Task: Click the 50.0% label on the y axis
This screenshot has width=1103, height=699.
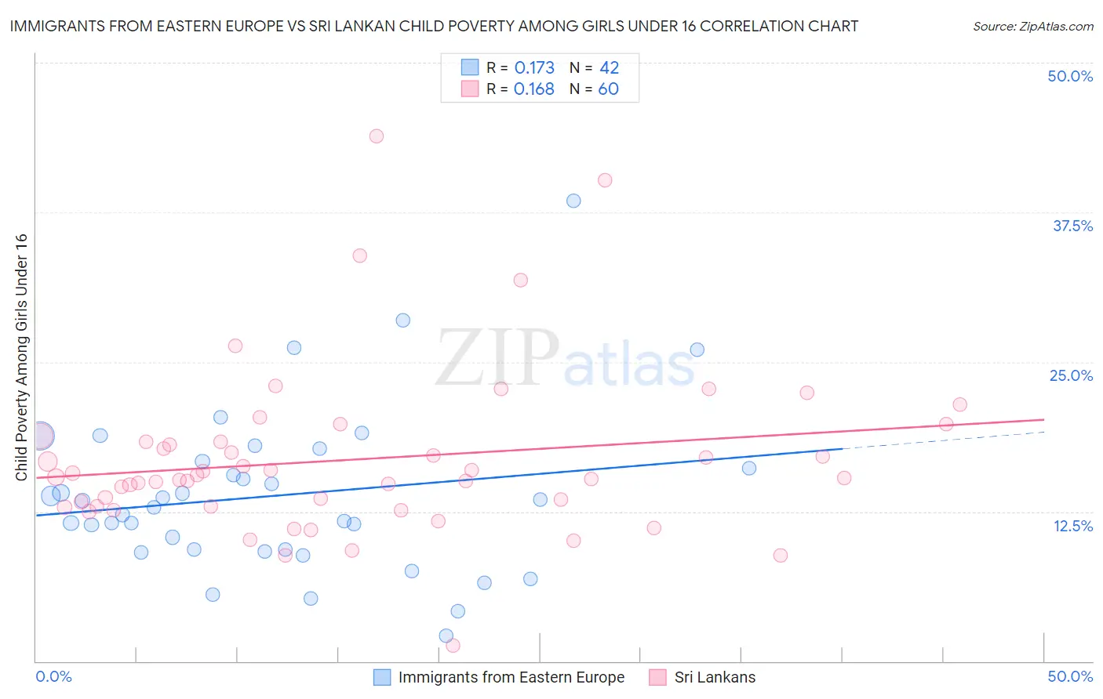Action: tap(1070, 76)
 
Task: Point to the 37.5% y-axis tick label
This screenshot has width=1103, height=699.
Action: tap(1072, 226)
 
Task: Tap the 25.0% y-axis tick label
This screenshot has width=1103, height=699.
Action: tap(1071, 375)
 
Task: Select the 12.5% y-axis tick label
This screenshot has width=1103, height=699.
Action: tap(1072, 526)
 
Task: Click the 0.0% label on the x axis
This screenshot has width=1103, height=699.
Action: tap(53, 676)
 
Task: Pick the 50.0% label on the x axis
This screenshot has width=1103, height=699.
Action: tap(1070, 676)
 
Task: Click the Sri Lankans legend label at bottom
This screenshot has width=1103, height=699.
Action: tap(715, 677)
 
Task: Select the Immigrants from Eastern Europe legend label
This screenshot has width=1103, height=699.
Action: tap(511, 677)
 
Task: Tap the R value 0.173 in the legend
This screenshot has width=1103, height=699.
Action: tap(534, 67)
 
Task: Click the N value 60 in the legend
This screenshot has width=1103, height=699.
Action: tap(608, 89)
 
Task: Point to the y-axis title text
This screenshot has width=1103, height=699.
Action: tap(21, 357)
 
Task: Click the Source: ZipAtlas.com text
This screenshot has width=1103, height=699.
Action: tap(1032, 26)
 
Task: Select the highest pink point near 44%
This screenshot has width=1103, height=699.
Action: tap(377, 136)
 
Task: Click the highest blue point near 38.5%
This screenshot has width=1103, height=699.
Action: tap(573, 201)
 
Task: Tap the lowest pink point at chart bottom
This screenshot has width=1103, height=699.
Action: tap(453, 646)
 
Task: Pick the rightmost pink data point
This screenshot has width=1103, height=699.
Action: tap(959, 404)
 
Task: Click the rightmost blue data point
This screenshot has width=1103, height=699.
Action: tap(749, 468)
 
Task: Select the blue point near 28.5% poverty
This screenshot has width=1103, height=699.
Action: tap(403, 320)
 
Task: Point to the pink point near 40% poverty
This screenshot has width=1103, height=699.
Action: tap(605, 180)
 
